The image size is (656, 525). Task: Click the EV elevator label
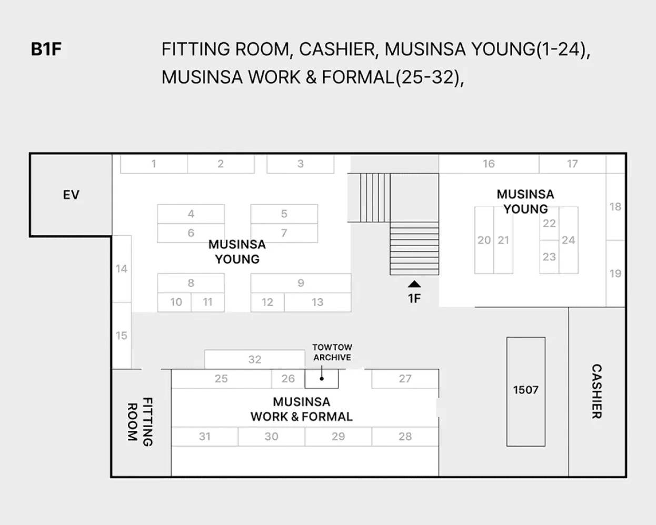point(71,195)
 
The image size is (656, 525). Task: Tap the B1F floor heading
point(46,49)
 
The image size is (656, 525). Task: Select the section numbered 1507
point(526,390)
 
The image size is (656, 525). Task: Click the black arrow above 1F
point(414,284)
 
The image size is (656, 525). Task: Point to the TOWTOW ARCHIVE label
point(332,352)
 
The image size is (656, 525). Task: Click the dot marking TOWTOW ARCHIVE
point(322,379)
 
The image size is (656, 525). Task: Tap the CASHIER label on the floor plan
point(597,391)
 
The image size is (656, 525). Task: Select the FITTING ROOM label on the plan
point(140,422)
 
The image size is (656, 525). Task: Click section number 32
point(255,359)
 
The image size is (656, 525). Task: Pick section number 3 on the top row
point(301,164)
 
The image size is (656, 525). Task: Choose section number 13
point(317,302)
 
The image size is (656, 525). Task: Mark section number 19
point(615,274)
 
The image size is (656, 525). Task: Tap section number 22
point(549,224)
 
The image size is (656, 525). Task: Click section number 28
point(405,437)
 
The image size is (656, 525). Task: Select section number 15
point(121,336)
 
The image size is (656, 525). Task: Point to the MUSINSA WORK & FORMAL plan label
point(302,409)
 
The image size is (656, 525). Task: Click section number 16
point(489,164)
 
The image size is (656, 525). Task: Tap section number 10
point(176,302)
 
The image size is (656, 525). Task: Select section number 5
point(284,214)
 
